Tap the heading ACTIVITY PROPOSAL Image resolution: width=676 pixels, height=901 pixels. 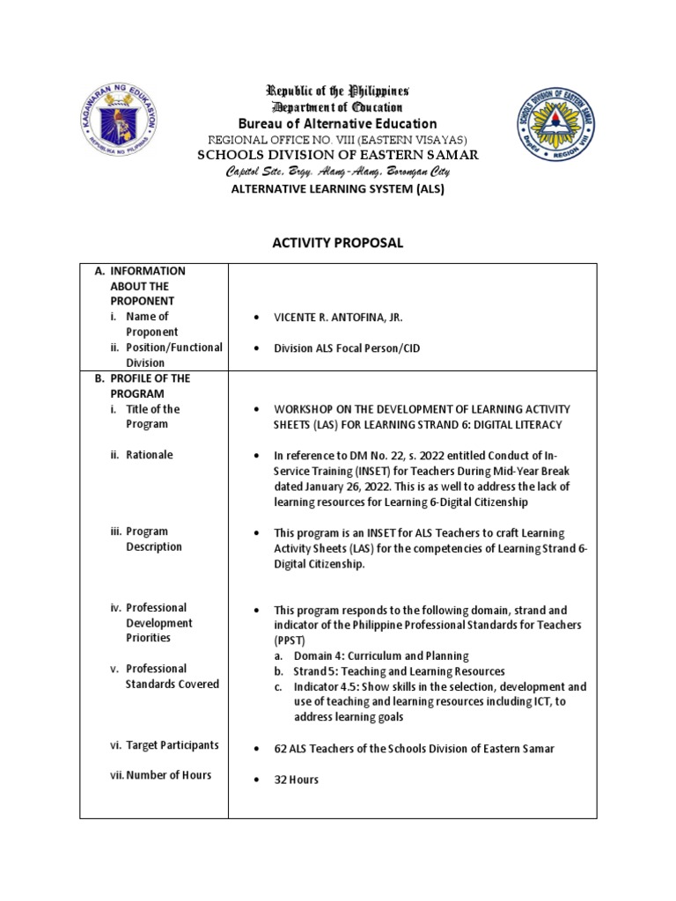[x=338, y=244]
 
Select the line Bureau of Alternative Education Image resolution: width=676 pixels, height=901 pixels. [x=338, y=123]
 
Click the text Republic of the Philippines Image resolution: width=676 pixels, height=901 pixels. [x=339, y=92]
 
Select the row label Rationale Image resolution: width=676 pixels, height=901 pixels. [x=149, y=455]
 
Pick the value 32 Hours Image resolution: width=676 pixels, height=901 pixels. [x=297, y=780]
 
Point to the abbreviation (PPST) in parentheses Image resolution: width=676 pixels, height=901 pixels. [x=289, y=640]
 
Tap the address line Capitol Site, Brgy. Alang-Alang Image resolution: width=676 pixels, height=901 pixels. [x=338, y=172]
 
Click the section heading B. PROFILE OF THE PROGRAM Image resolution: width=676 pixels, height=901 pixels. [x=147, y=385]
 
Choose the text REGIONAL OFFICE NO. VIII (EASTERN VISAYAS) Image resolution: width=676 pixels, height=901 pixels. [x=338, y=140]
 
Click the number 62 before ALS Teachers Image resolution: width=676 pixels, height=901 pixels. [x=281, y=749]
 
